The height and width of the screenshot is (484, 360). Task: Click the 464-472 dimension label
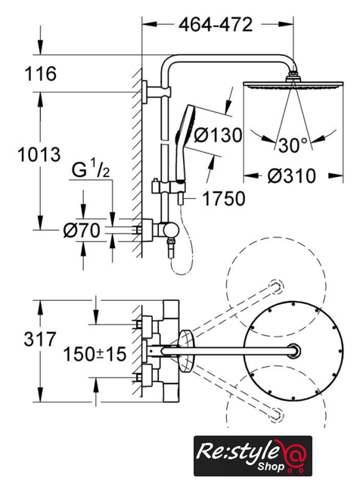pyautogui.click(x=216, y=25)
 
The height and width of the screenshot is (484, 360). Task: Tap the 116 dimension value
pyautogui.click(x=40, y=74)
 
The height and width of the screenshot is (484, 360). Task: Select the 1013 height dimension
pyautogui.click(x=39, y=154)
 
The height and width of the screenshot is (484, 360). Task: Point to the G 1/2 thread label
pyautogui.click(x=91, y=170)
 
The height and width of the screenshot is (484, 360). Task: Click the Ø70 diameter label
pyautogui.click(x=82, y=231)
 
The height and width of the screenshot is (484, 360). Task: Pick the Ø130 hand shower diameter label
pyautogui.click(x=219, y=135)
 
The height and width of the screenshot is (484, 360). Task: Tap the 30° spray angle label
pyautogui.click(x=293, y=145)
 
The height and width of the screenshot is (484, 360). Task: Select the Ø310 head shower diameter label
pyautogui.click(x=292, y=176)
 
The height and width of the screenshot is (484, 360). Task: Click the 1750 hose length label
pyautogui.click(x=224, y=198)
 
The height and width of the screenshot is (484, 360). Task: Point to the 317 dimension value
pyautogui.click(x=40, y=340)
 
